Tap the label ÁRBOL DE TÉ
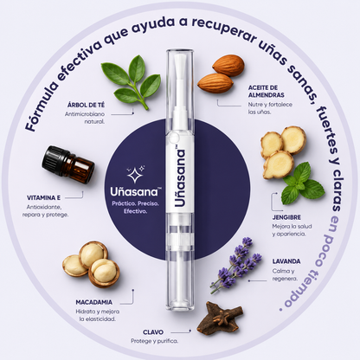tap(86, 105)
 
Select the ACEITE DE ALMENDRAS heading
tap(266, 91)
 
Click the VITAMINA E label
tap(43, 198)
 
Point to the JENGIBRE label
tap(286, 217)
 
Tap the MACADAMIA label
tap(94, 302)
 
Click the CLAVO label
tap(153, 332)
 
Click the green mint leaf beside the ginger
tap(302, 183)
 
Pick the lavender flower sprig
tap(235, 264)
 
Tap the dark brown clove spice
tap(220, 318)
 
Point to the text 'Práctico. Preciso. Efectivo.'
tap(135, 208)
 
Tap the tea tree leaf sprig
tap(132, 80)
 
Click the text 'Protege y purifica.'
tap(154, 341)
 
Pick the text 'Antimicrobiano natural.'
tap(85, 118)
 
